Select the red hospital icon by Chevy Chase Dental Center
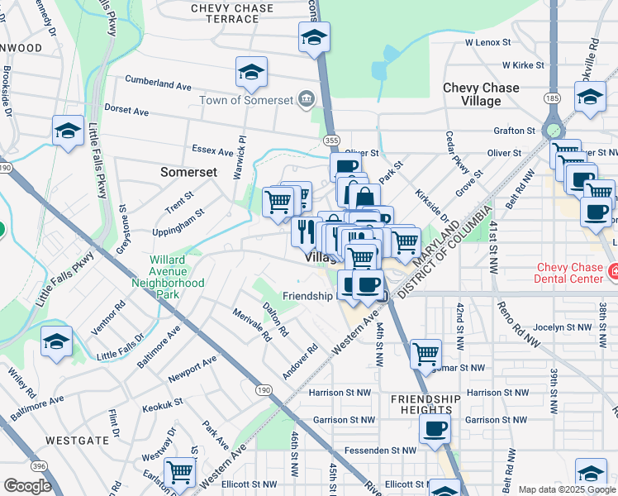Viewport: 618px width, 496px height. [x=613, y=271]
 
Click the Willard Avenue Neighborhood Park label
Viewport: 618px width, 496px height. [x=169, y=277]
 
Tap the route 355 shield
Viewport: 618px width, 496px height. [x=331, y=141]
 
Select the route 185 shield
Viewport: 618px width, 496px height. [x=552, y=98]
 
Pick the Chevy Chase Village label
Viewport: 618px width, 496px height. [x=481, y=94]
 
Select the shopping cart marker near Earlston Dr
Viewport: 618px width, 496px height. [x=178, y=472]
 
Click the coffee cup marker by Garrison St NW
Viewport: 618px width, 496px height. [x=435, y=428]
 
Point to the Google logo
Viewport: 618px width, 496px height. [x=27, y=486]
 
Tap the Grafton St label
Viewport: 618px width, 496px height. [x=514, y=131]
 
